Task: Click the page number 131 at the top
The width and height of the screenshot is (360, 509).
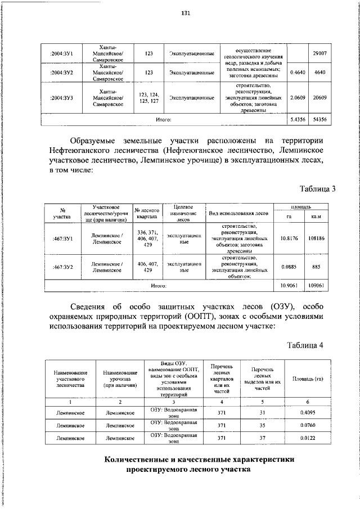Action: click(x=185, y=14)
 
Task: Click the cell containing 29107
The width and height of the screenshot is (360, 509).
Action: click(x=319, y=53)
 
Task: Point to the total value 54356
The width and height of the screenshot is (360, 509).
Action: click(x=319, y=119)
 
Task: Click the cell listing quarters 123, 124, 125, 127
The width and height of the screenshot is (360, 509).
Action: click(x=148, y=97)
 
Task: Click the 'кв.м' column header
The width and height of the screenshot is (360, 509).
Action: click(x=316, y=217)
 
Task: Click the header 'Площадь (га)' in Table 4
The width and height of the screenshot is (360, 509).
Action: click(x=307, y=379)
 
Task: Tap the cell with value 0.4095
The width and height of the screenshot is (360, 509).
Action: click(x=307, y=413)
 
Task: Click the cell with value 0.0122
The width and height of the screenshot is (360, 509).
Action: click(x=307, y=438)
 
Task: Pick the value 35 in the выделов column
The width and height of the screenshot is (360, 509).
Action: click(x=262, y=425)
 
